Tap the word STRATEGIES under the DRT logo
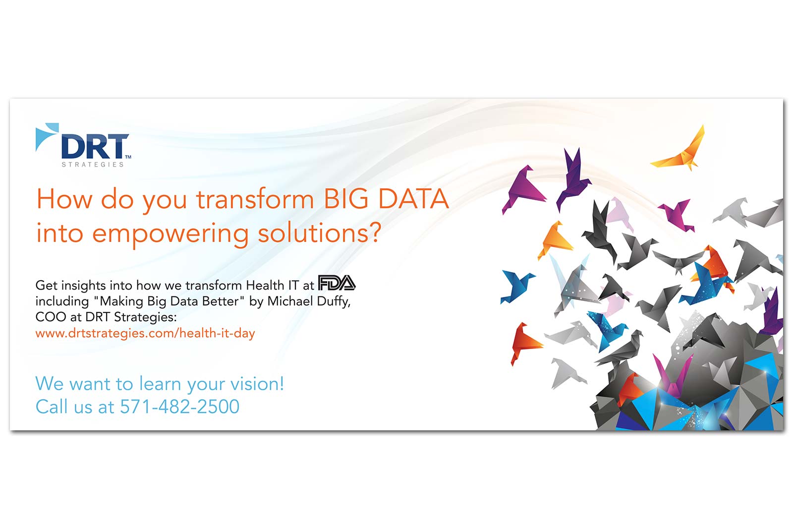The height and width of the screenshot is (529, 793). (93, 165)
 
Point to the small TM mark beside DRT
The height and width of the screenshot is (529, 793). (128, 157)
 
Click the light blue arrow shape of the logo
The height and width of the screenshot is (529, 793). (47, 136)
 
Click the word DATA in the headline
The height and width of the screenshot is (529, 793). (413, 199)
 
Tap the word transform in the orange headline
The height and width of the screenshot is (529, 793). (255, 199)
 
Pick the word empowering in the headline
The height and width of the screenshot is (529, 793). (170, 234)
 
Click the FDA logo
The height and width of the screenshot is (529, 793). (337, 283)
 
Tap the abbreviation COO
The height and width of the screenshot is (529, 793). (51, 317)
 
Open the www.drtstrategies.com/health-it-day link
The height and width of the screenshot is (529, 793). (145, 334)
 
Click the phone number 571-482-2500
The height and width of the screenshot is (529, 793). (179, 407)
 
